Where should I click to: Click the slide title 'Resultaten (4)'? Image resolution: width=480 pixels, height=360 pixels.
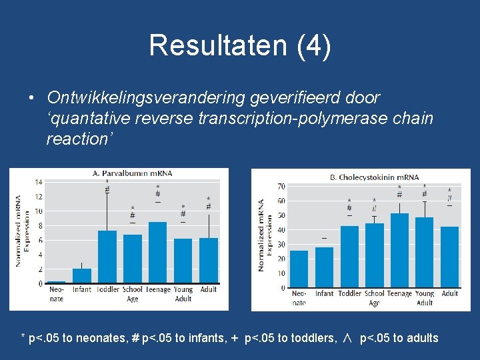[240, 46]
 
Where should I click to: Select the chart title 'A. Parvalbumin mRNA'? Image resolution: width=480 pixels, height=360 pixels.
[132, 173]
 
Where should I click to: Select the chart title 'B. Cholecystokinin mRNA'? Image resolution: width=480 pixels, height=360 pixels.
[375, 177]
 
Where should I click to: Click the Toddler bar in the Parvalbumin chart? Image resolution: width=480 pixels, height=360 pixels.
[107, 257]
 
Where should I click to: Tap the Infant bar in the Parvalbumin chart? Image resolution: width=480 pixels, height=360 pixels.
[82, 276]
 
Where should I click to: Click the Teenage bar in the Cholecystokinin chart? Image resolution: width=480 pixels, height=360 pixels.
[399, 251]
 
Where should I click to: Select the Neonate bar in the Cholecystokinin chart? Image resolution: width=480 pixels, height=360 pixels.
[299, 269]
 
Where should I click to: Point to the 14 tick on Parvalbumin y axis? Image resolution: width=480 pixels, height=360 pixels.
[39, 182]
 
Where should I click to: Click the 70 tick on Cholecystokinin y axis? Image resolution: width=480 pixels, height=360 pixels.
[281, 186]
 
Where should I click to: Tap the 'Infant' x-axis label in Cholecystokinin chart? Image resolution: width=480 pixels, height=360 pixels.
[324, 294]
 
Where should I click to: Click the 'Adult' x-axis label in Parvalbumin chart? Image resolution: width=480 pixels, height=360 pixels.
[209, 290]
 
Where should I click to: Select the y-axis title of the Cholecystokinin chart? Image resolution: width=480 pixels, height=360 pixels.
[265, 235]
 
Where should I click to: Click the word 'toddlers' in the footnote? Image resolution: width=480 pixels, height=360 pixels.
[311, 338]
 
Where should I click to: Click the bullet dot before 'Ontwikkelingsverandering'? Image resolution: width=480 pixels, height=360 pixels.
[31, 99]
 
